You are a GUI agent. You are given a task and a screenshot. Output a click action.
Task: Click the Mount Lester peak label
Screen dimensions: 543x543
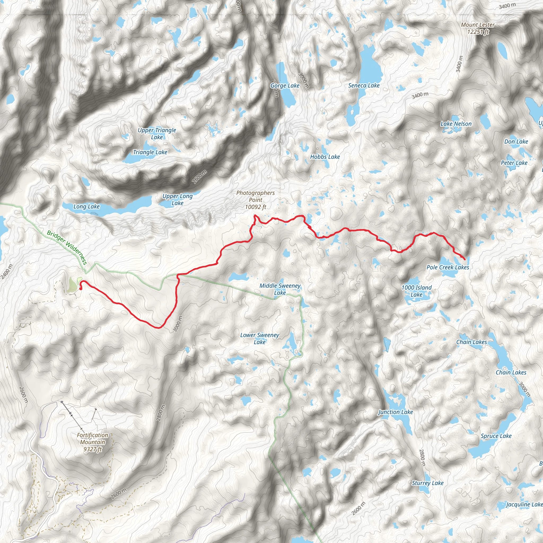click(x=478, y=28)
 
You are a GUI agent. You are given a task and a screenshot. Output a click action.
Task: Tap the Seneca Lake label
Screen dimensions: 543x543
click(x=364, y=85)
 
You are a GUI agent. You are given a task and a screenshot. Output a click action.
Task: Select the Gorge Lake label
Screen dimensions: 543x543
click(x=285, y=85)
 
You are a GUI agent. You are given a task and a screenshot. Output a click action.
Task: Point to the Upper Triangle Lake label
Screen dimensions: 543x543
click(x=157, y=134)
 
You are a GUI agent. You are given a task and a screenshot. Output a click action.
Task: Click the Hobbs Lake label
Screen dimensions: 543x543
click(x=325, y=157)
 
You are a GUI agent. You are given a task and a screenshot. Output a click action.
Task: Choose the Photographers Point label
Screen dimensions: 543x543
click(x=255, y=200)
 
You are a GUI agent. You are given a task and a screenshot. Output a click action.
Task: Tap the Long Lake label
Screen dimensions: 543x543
click(x=86, y=207)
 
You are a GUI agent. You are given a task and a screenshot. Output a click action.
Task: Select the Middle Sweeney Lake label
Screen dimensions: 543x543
click(x=280, y=289)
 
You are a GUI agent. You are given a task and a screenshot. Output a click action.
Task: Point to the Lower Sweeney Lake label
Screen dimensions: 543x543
click(x=259, y=338)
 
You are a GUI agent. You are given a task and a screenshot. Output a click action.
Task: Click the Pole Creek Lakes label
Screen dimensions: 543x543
click(x=448, y=267)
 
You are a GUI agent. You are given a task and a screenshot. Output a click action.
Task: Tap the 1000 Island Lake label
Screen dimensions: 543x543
click(x=416, y=291)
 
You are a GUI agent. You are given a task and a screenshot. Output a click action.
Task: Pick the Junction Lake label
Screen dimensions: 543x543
click(x=395, y=412)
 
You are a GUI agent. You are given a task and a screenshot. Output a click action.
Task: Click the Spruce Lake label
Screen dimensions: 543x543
click(x=496, y=436)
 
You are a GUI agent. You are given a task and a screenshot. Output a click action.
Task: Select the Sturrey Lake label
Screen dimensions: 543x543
click(x=427, y=483)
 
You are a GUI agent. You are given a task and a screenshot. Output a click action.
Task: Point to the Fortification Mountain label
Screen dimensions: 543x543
click(x=93, y=442)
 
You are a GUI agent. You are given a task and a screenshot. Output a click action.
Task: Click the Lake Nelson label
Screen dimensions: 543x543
click(x=456, y=124)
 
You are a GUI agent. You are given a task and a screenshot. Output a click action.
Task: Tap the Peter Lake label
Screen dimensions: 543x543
click(x=514, y=163)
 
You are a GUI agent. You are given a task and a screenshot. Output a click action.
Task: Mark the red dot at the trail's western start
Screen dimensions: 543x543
click(x=81, y=288)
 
